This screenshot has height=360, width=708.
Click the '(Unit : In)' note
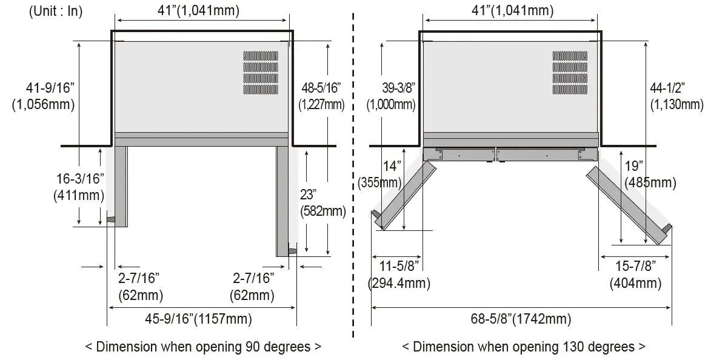click(55, 12)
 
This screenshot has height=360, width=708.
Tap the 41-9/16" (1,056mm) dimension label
click(43, 96)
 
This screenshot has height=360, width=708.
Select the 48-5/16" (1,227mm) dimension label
click(321, 96)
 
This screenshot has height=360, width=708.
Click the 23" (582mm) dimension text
click(323, 203)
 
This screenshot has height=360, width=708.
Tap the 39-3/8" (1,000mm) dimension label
click(391, 96)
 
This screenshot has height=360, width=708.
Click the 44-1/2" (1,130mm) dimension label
click(676, 96)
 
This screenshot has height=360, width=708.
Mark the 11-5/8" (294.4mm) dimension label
click(398, 274)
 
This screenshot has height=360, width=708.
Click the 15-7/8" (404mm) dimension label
click(635, 274)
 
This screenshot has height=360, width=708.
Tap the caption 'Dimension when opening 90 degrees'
click(203, 347)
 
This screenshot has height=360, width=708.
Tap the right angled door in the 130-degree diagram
click(627, 204)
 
